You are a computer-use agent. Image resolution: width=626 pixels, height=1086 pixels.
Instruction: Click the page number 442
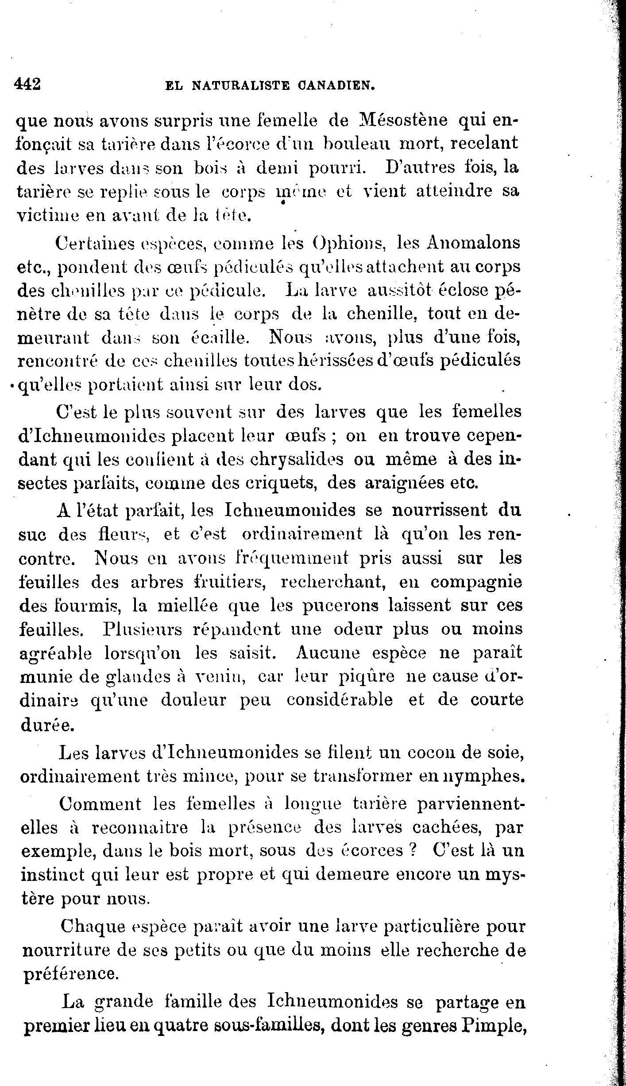click(27, 84)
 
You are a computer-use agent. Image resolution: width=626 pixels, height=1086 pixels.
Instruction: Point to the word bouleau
click(357, 144)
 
